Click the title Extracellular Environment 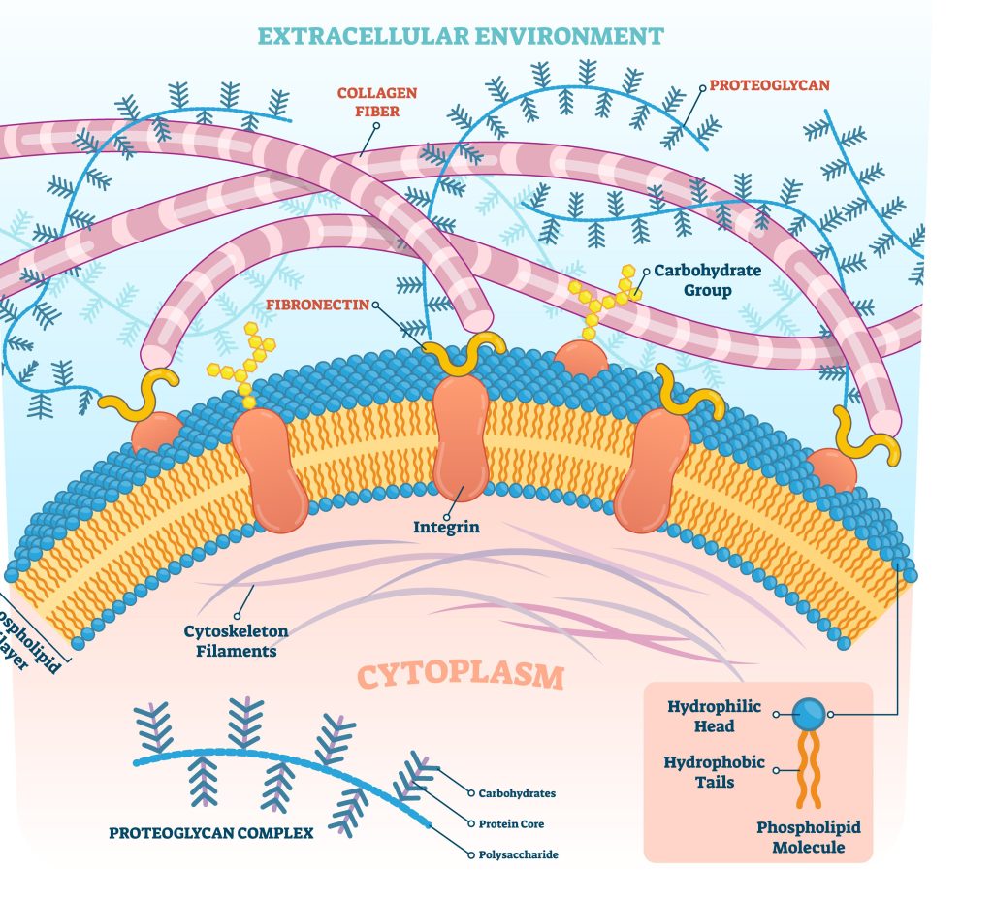[461, 37]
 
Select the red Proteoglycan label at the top [769, 85]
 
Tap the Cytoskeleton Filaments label [236, 641]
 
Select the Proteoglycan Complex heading [210, 832]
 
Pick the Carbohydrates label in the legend [517, 793]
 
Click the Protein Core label [511, 824]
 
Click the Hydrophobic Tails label [714, 772]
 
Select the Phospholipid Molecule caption [809, 837]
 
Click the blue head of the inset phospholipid [808, 715]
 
